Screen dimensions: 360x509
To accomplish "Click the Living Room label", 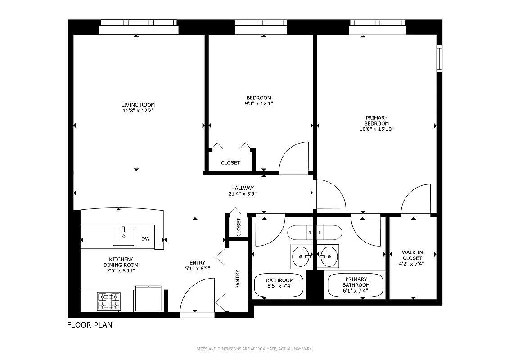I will pyautogui.click(x=138, y=105).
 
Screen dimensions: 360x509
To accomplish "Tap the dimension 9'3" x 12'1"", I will pyautogui.click(x=259, y=103).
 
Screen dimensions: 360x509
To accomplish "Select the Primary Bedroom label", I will pyautogui.click(x=376, y=121).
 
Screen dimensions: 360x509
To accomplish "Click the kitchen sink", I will pyautogui.click(x=123, y=237).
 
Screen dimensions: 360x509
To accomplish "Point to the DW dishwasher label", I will pyautogui.click(x=145, y=239).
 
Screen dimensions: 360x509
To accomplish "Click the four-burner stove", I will pyautogui.click(x=109, y=301).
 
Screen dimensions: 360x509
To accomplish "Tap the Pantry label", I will pyautogui.click(x=238, y=279).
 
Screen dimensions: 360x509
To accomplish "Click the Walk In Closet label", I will pyautogui.click(x=412, y=258).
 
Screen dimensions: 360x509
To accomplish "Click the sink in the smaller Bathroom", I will pyautogui.click(x=301, y=256).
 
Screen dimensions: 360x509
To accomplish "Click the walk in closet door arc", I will pyautogui.click(x=416, y=199).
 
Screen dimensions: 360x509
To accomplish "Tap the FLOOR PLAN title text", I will pyautogui.click(x=90, y=325).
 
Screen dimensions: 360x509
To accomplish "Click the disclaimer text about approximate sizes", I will pyautogui.click(x=254, y=349).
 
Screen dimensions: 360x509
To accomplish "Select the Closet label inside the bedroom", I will pyautogui.click(x=230, y=163).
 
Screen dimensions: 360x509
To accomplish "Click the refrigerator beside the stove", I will pyautogui.click(x=148, y=298).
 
